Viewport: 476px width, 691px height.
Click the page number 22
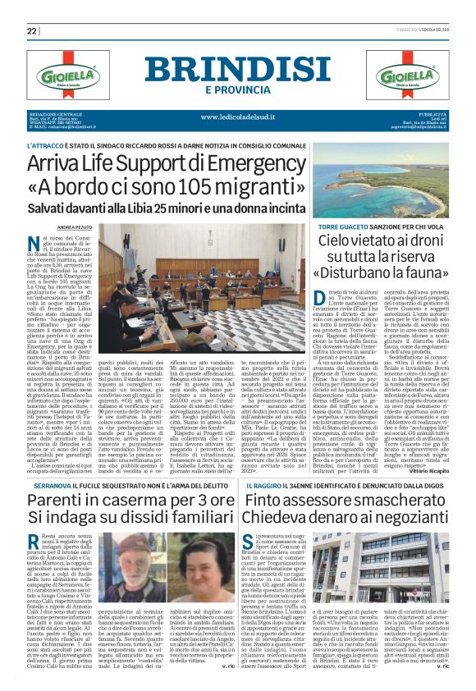[32, 31]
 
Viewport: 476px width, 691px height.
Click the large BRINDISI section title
[238, 69]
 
